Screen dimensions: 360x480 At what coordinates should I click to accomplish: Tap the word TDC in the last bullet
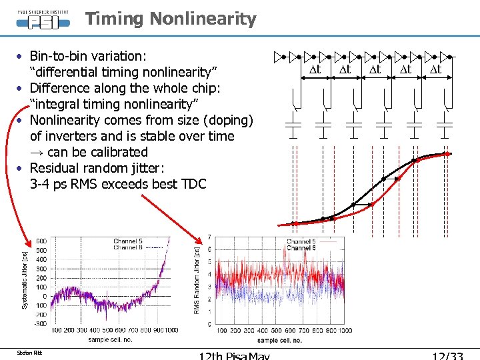coord(194,184)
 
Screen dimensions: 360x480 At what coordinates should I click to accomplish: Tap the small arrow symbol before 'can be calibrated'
coord(37,152)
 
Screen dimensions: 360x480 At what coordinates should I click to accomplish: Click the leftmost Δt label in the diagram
coord(315,69)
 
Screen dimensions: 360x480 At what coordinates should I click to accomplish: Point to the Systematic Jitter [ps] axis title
coord(25,280)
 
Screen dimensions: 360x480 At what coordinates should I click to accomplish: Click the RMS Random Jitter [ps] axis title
coord(196,280)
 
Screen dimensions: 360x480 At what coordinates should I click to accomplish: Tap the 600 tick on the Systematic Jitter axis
coord(41,241)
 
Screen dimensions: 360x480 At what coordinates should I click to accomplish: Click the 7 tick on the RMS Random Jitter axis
coord(210,237)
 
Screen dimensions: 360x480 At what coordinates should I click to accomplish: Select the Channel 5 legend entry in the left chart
coord(127,241)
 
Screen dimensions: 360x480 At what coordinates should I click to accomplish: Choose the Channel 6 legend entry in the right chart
coord(301,248)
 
